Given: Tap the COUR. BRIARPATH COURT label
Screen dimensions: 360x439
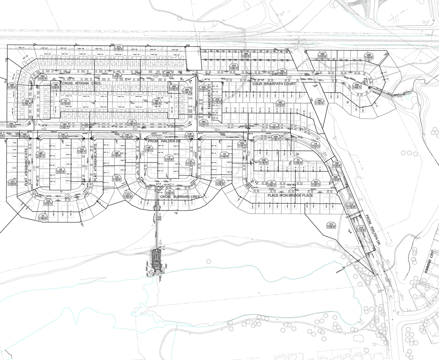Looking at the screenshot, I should click(274, 84).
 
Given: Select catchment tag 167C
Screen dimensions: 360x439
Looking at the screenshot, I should click(119, 48).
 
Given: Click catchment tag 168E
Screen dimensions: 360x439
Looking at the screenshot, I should click(322, 55).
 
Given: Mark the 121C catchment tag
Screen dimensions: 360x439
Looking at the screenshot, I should click(331, 225).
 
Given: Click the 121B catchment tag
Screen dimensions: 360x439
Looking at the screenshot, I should click(360, 229).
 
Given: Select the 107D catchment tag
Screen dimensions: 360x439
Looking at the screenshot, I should click(12, 182).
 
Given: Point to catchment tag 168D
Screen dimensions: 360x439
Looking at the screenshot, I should click(319, 102).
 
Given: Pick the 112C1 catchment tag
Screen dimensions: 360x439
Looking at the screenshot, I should click(128, 195).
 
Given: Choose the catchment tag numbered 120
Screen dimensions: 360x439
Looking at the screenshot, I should click(132, 122).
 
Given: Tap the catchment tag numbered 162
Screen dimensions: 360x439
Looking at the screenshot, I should click(272, 183).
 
